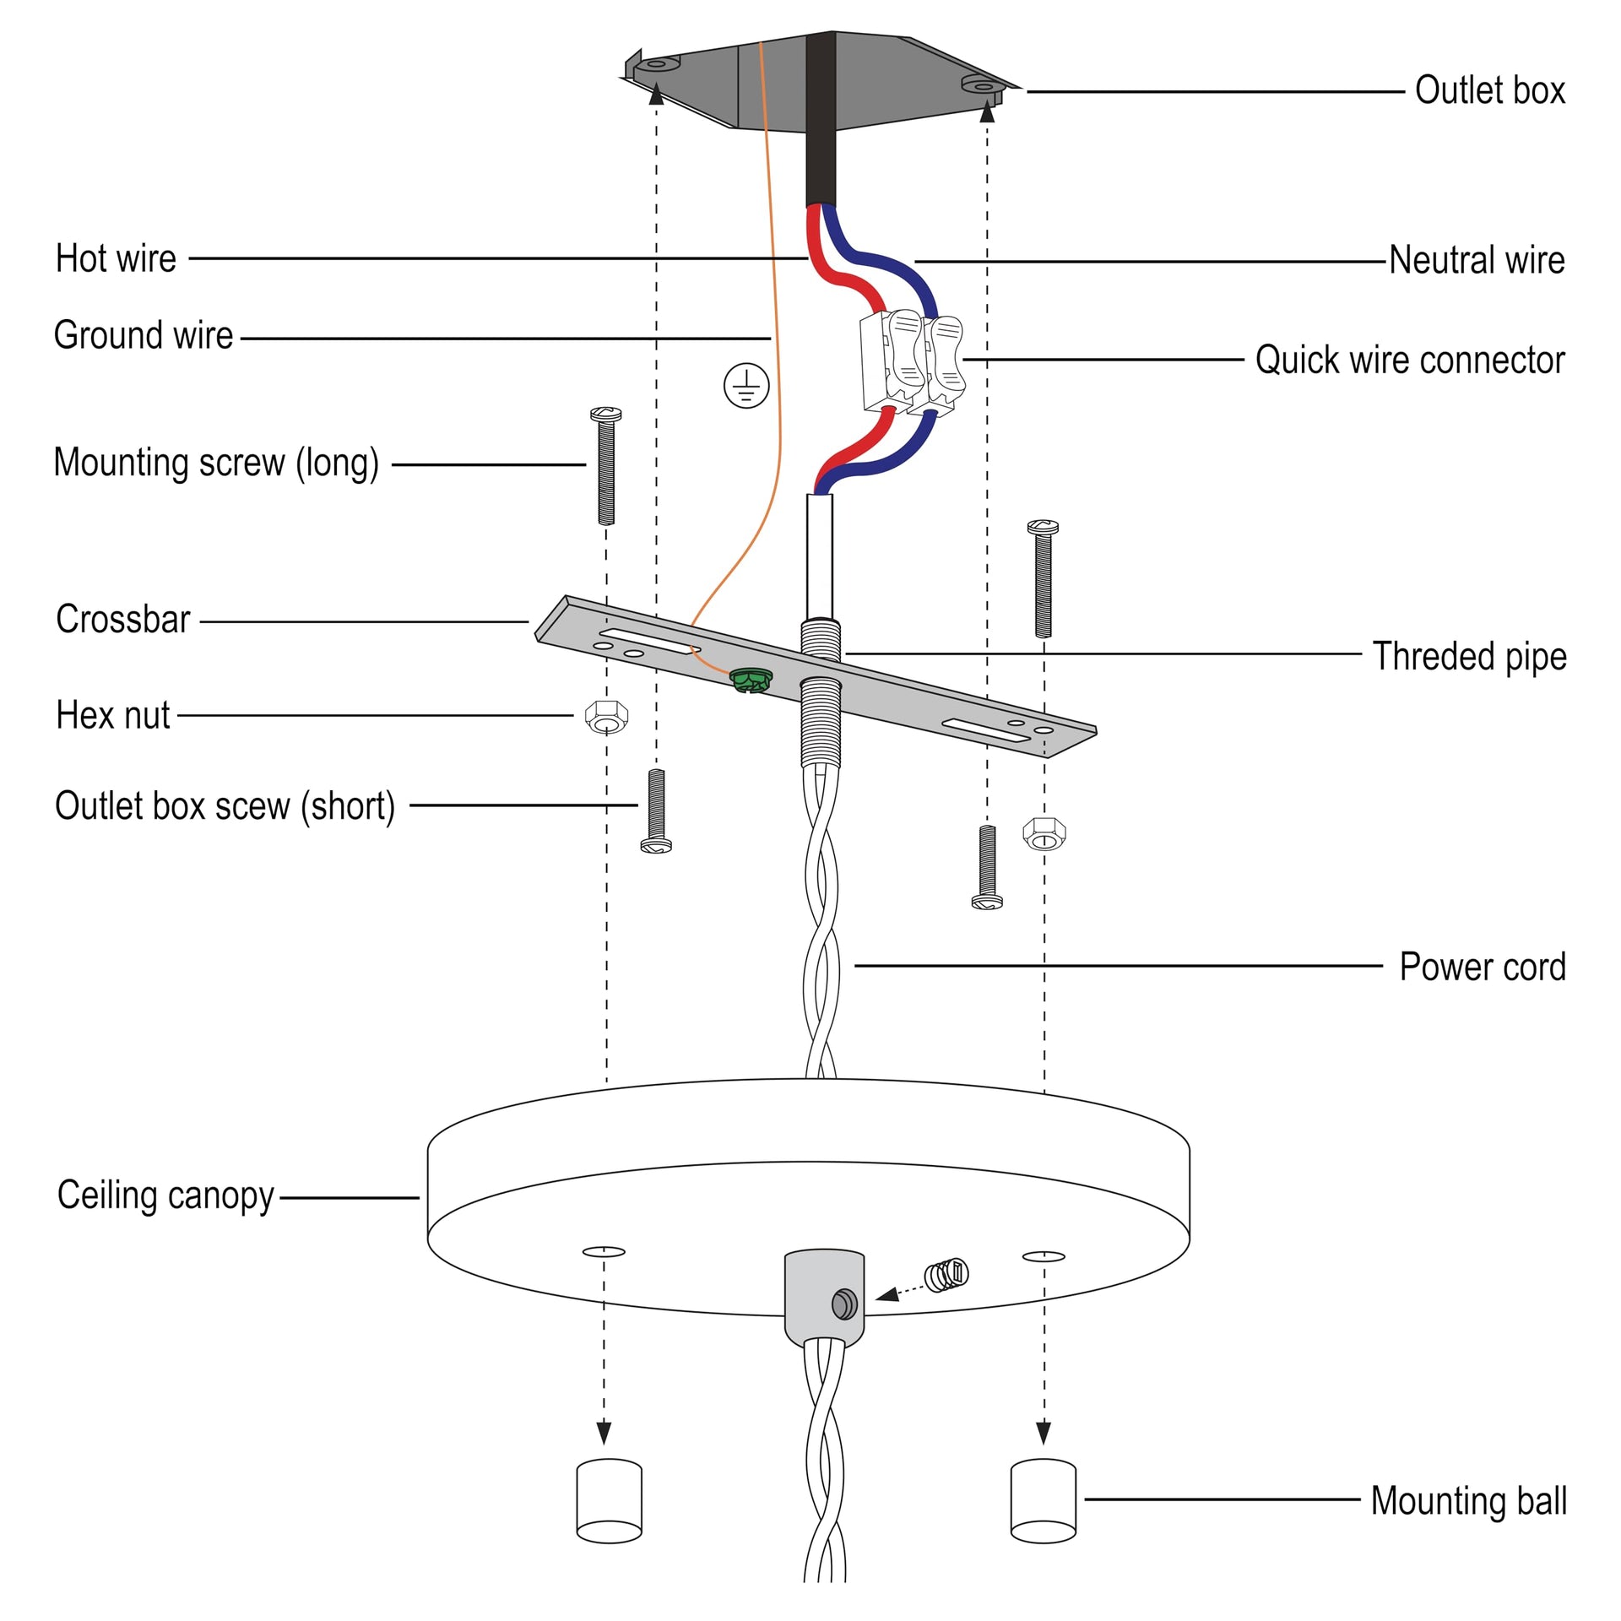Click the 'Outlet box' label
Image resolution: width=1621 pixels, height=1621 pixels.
coord(1489,90)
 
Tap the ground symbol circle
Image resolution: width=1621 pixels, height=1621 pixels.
coord(746,386)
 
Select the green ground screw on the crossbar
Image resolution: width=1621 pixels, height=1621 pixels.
coord(750,679)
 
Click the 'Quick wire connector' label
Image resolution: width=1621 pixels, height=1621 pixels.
coord(1409,360)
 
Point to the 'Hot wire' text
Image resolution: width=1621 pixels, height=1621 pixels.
coord(116,258)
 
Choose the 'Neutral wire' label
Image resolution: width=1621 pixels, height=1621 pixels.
coord(1477,260)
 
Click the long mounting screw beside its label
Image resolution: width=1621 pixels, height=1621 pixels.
coord(605,466)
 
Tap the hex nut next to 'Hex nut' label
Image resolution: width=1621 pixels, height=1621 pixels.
coord(606,717)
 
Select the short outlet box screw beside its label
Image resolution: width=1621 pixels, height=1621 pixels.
coord(656,810)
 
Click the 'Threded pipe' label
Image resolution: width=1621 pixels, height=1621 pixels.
coord(1469,656)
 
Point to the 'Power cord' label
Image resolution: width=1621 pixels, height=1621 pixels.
coord(1483,967)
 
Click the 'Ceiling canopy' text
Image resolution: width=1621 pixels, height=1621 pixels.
coord(165,1195)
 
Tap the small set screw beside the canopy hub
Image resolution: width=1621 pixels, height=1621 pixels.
coord(946,1275)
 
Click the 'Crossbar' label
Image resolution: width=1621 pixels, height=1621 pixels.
coord(123,620)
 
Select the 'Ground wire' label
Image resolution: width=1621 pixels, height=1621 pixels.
coord(144,336)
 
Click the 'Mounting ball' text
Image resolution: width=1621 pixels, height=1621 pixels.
coord(1468,1501)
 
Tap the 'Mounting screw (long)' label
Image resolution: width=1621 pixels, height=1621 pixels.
coord(216,464)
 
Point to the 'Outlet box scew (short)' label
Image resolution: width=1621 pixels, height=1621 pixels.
coord(225,806)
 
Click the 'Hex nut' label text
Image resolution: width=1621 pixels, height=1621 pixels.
coord(113,716)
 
